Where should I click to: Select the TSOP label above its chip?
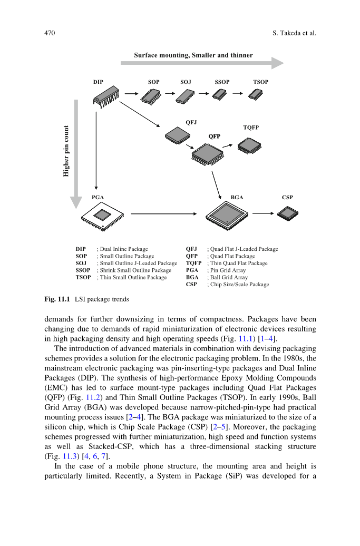(x=260, y=82)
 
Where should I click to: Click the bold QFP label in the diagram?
(x=214, y=136)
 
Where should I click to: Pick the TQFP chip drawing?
(x=249, y=145)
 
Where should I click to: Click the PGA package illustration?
(x=103, y=216)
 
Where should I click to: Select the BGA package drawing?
(x=227, y=215)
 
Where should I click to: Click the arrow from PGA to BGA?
(x=164, y=214)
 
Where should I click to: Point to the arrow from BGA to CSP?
(x=263, y=213)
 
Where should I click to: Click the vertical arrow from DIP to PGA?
(x=96, y=150)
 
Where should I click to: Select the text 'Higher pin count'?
(x=66, y=151)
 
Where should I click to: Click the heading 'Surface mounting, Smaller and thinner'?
(x=193, y=55)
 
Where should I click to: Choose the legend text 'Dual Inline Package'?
(x=124, y=249)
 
